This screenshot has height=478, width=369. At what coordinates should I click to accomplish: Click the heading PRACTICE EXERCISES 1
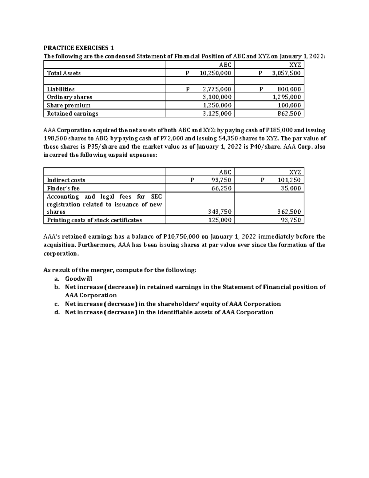(x=78, y=48)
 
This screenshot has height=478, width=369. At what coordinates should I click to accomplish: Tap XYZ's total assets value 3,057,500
(x=286, y=73)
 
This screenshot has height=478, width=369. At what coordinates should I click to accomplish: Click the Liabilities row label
(x=61, y=89)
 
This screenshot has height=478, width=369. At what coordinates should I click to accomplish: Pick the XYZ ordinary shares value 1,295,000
(x=287, y=97)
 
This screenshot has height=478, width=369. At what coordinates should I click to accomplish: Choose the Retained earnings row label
(x=72, y=113)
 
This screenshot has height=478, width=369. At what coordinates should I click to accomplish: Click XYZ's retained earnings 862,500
(x=289, y=113)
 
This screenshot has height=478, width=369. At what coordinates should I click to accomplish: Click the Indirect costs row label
(x=66, y=180)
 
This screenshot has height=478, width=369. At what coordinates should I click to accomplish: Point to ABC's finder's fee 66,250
(x=221, y=188)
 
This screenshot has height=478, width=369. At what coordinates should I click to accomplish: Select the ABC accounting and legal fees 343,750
(x=220, y=212)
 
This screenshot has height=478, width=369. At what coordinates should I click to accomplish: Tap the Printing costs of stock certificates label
(x=94, y=220)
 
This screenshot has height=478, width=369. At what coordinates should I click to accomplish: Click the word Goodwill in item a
(x=78, y=279)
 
